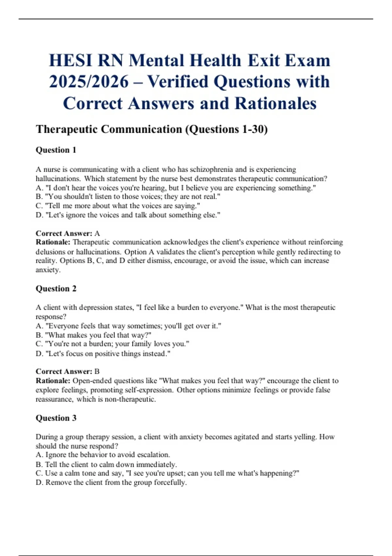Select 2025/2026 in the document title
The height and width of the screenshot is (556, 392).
point(89,82)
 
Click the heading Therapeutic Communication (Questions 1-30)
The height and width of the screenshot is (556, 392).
point(152,129)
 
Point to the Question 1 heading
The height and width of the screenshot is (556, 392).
point(56,150)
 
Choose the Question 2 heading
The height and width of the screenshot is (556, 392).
point(56,288)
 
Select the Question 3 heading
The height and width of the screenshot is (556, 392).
point(56,418)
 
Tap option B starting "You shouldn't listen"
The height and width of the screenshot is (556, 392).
point(128,197)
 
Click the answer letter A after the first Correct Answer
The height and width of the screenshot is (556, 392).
point(97,233)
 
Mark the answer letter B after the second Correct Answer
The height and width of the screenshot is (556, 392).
point(97,372)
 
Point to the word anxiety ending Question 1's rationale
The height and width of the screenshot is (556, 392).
point(48,270)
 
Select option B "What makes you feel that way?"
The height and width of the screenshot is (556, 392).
point(93,335)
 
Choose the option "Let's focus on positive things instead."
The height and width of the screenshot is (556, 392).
point(103,354)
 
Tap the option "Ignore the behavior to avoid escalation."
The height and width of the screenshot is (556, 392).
point(103,455)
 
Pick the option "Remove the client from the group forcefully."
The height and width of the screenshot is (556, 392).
point(111,482)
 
